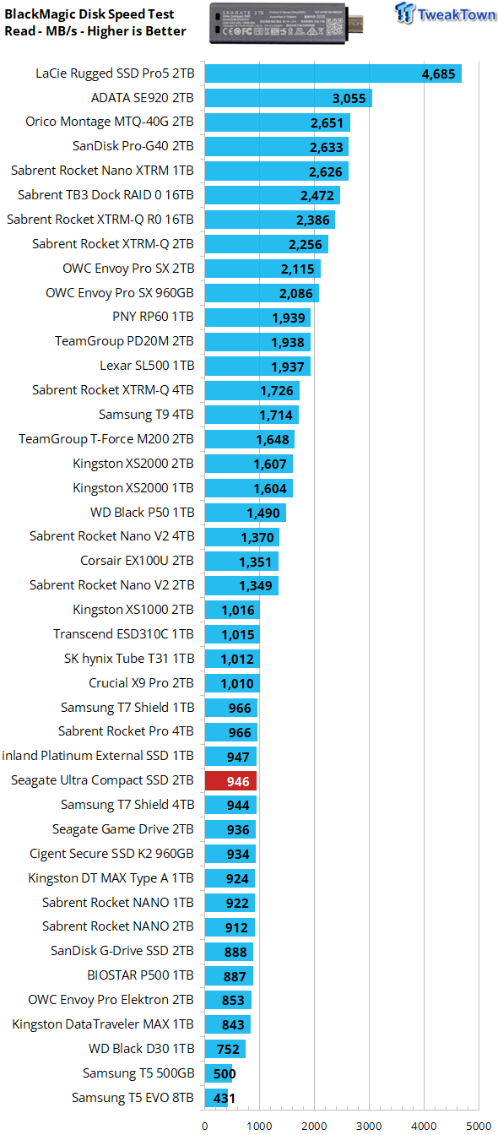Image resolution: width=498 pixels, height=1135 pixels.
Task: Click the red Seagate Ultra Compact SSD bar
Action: click(230, 781)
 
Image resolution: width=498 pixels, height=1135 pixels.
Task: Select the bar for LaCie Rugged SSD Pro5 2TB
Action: click(333, 73)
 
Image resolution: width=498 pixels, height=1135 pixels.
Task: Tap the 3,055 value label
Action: click(349, 98)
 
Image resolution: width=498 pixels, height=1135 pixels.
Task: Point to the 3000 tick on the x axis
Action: click(368, 1126)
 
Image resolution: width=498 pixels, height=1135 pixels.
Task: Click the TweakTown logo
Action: click(446, 14)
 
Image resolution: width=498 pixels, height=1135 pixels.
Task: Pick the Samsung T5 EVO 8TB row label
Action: click(133, 1098)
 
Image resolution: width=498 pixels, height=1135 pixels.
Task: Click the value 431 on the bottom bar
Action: click(224, 1099)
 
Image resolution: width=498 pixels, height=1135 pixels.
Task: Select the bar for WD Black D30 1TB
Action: click(225, 1049)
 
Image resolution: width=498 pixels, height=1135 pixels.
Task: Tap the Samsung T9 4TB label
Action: click(146, 415)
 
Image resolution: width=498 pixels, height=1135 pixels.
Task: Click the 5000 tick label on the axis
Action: click(479, 1126)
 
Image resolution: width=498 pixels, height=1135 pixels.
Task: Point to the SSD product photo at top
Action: click(286, 23)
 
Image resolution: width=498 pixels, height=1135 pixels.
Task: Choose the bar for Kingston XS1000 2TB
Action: click(232, 610)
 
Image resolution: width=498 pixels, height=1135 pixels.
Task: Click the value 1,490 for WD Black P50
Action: click(263, 513)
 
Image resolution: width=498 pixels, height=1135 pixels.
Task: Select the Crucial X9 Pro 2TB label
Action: click(141, 683)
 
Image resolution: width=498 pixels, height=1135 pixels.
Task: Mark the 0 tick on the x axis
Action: click(204, 1126)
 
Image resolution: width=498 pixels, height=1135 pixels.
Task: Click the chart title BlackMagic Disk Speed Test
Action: click(89, 14)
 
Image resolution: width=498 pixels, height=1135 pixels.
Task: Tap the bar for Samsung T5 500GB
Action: click(219, 1073)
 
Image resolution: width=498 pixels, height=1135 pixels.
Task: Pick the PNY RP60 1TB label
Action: click(153, 317)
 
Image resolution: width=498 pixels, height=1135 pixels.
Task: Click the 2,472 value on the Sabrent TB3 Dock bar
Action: click(317, 196)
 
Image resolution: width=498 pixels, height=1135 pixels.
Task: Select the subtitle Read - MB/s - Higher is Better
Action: click(95, 31)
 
